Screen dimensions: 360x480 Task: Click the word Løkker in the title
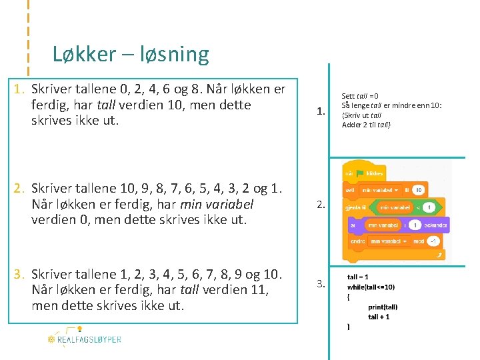point(84,54)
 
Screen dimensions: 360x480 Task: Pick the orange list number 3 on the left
point(20,274)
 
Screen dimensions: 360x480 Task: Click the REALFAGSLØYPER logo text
point(89,339)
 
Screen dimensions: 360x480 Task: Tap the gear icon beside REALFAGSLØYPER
point(51,339)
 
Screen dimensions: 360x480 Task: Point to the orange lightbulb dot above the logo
point(79,329)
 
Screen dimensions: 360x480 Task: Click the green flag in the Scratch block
point(359,173)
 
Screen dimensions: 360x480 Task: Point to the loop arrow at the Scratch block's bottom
point(439,254)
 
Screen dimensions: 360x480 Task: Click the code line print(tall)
point(382,307)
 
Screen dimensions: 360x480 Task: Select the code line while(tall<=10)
point(371,287)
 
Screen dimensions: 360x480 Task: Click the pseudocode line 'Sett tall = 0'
point(360,97)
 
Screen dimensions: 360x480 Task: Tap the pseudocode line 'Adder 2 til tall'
point(366,125)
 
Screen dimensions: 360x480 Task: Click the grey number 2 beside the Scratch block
point(321,205)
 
